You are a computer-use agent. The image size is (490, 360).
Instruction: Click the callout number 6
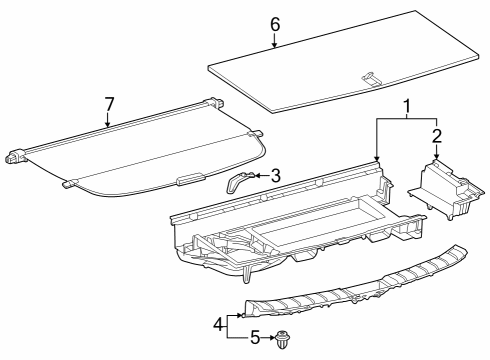(x=275, y=25)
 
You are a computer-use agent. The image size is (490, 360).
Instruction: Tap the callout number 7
(x=109, y=104)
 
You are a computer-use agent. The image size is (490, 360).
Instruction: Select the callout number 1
(x=406, y=107)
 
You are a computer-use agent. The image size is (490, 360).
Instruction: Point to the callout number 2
(x=437, y=136)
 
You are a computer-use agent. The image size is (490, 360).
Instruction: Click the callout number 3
(x=276, y=176)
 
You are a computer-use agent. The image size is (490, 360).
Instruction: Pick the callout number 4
(x=218, y=324)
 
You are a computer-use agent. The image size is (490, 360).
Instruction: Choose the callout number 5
(x=255, y=338)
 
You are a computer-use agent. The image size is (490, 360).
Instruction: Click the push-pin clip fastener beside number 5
(x=283, y=340)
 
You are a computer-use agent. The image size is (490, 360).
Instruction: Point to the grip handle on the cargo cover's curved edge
(x=191, y=178)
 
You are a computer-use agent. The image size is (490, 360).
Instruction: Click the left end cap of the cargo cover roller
(x=16, y=157)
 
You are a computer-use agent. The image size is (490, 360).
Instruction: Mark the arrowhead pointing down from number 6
(x=275, y=45)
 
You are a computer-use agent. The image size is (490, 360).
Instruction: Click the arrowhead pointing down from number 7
(x=108, y=124)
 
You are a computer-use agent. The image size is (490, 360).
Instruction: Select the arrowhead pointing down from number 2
(x=437, y=156)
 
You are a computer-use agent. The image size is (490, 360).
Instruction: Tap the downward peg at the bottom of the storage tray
(x=246, y=274)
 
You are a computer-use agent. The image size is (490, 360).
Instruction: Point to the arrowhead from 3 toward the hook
(x=258, y=175)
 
